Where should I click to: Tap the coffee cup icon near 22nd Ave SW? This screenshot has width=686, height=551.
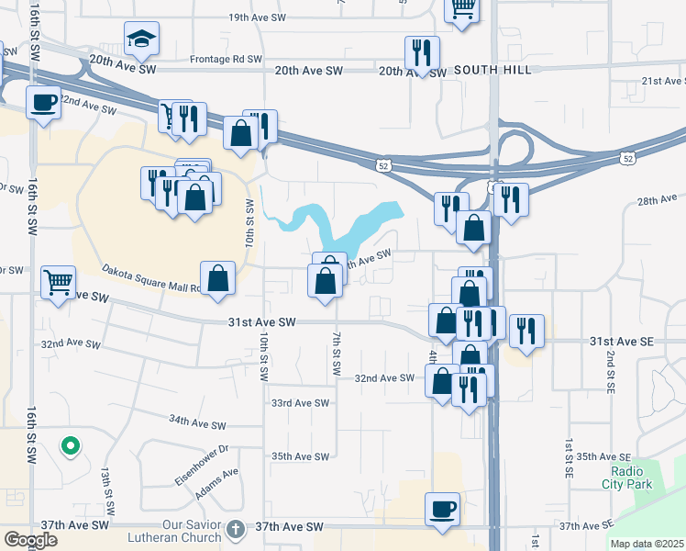tap(43, 103)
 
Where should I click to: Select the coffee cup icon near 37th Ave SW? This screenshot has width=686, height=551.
tap(443, 509)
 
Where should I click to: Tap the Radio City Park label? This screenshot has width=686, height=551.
tap(626, 477)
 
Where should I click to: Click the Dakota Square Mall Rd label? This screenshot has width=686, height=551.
tap(151, 278)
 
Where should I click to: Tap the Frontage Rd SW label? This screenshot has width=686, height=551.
tap(226, 59)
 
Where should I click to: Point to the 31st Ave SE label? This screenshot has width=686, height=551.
tap(621, 341)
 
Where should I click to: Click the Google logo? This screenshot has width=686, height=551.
tap(30, 540)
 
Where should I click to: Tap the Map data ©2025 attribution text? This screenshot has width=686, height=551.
tap(647, 544)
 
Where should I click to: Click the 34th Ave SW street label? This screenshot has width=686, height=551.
tap(196, 422)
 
